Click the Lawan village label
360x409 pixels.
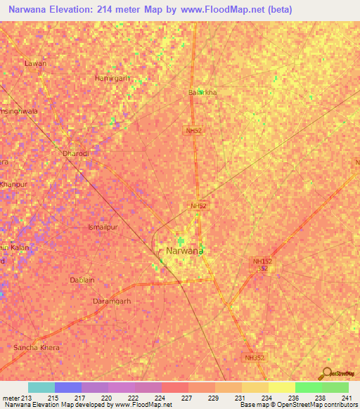(x=35, y=63)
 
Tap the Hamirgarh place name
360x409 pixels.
(x=112, y=78)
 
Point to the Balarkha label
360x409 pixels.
(x=202, y=92)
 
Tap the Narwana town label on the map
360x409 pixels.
(x=185, y=250)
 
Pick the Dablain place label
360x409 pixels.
(x=82, y=280)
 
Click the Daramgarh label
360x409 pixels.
(x=112, y=301)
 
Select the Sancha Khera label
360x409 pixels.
(x=37, y=348)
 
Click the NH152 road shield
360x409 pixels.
(x=262, y=261)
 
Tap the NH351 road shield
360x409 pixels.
(x=255, y=358)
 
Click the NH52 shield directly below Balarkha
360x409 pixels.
(x=194, y=131)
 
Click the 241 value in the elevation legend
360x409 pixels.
(x=345, y=398)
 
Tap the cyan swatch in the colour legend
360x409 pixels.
(x=41, y=387)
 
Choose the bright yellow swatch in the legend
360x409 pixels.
(x=281, y=387)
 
